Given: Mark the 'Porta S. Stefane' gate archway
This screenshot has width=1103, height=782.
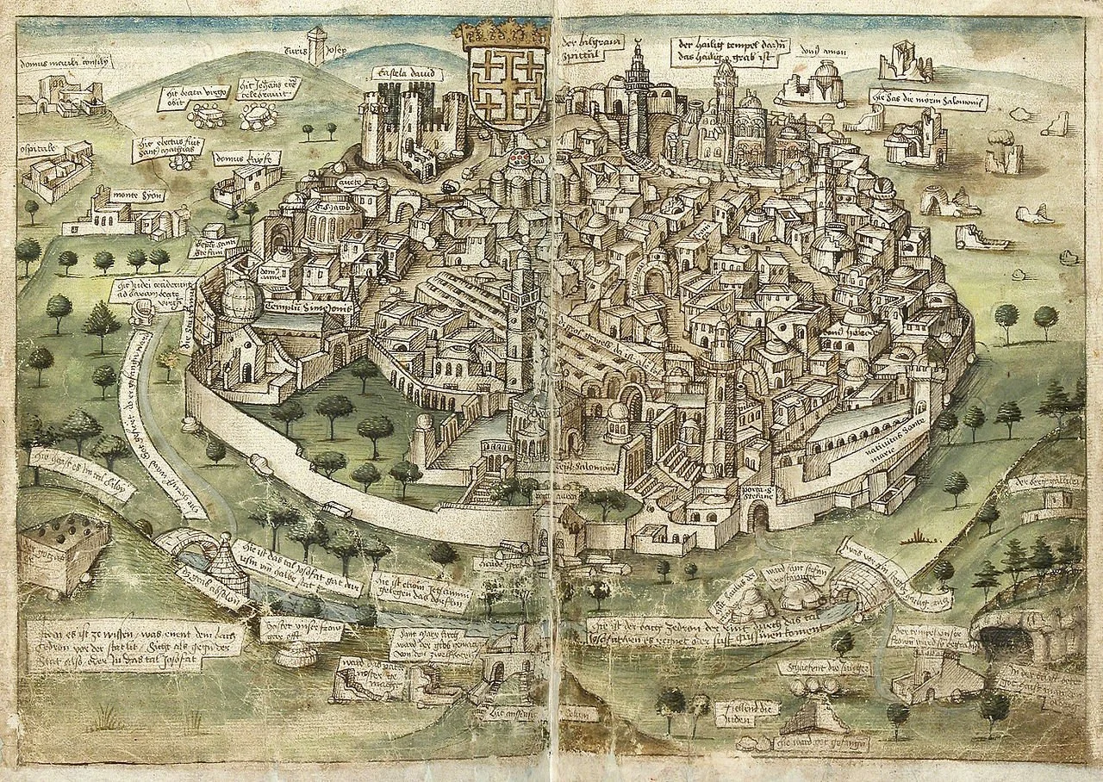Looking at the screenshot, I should pos(758,518).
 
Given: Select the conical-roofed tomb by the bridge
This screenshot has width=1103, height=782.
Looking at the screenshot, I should pos(229,564).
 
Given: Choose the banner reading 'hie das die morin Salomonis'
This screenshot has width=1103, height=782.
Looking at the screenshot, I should pos(927,98).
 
